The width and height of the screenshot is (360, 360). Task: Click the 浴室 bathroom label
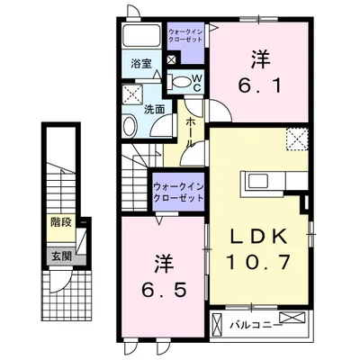[141, 64]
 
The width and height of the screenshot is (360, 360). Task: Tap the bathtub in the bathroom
[142, 35]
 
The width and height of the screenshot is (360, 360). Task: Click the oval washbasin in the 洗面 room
[130, 126]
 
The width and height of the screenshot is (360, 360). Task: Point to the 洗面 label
[155, 109]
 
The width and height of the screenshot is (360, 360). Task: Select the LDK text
[258, 236]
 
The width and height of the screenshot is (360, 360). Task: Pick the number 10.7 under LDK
[258, 261]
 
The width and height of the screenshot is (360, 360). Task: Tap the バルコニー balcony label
[256, 325]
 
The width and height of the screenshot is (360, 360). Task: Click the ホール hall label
[190, 132]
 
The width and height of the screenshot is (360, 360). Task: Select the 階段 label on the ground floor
[61, 222]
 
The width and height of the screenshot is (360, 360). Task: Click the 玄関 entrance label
[62, 256]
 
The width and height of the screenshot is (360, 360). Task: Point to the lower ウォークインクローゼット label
[178, 192]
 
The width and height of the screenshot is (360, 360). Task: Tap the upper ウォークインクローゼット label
[185, 36]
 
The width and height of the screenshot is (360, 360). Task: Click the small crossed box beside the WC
[172, 59]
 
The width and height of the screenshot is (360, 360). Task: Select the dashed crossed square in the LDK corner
[297, 139]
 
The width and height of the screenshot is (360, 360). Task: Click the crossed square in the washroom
[132, 94]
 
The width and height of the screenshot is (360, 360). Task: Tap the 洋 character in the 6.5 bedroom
[164, 264]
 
